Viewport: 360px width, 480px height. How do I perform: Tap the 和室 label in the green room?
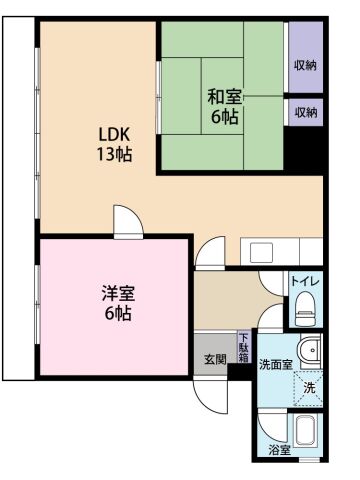point(223,106)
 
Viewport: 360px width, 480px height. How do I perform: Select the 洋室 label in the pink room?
point(117,302)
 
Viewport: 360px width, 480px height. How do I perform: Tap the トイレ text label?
point(304,281)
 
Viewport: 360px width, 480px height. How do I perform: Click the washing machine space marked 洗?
point(308,387)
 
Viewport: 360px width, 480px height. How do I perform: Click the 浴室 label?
point(280,450)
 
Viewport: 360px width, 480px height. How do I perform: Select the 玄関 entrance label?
point(215,359)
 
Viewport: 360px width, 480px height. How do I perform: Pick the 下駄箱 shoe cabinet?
point(243,348)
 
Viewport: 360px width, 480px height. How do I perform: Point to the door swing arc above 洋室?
point(126,219)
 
